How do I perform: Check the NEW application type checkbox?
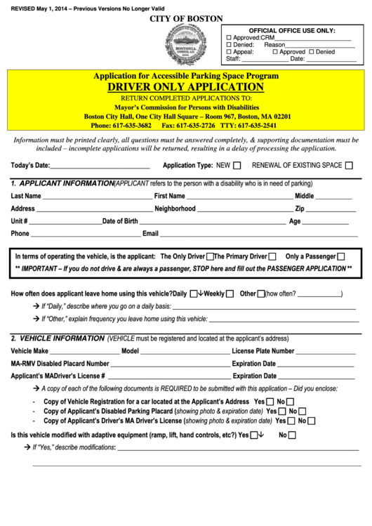tap(237, 166)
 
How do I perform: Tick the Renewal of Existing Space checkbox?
tap(349, 166)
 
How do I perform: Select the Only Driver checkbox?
tap(210, 256)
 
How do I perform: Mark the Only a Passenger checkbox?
tap(341, 256)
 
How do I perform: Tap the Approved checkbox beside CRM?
tap(229, 37)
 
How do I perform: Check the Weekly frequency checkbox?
tap(230, 294)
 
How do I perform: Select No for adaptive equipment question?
tap(293, 435)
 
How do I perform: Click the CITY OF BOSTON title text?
tap(186, 18)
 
